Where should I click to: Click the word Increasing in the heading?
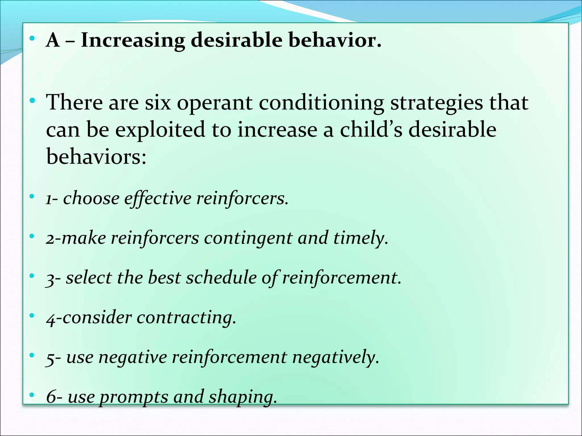pos(133,41)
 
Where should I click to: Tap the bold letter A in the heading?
pos(53,40)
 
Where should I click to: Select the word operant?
pos(215,103)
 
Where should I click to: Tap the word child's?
pos(371,129)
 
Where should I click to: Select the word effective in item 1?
pos(158,198)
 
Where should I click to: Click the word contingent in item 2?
pos(248,238)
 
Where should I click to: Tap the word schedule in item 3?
pos(221,278)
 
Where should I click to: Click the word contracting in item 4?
pos(186,317)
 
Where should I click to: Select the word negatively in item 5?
pos(336,357)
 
